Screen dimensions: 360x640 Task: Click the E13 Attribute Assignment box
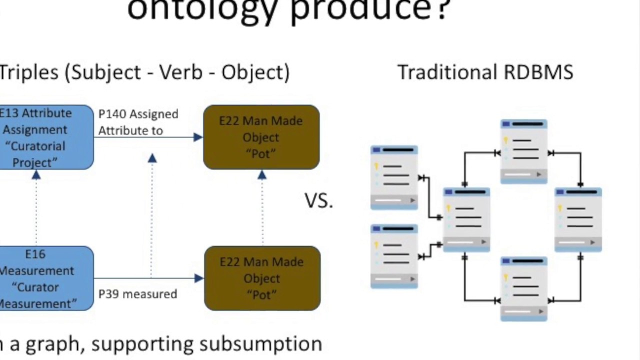(x=45, y=137)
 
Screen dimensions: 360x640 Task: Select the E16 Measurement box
(x=45, y=278)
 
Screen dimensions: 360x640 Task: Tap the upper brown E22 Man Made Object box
(x=261, y=137)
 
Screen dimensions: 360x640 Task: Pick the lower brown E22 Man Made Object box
(x=262, y=278)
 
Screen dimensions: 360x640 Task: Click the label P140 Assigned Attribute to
(x=138, y=122)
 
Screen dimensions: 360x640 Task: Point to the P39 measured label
(x=137, y=294)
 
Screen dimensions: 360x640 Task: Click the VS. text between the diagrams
(x=318, y=200)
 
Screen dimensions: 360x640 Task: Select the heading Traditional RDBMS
(x=485, y=72)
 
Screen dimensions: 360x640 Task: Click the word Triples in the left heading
(x=29, y=72)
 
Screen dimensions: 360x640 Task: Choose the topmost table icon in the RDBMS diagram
(x=523, y=151)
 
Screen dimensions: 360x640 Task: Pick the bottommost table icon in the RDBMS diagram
(x=523, y=288)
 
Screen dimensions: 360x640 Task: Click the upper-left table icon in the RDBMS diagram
(x=394, y=177)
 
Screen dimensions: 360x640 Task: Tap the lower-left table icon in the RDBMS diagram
(x=394, y=256)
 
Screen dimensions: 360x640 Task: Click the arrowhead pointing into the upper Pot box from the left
(x=198, y=137)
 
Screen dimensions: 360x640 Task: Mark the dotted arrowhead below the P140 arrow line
(x=152, y=158)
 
